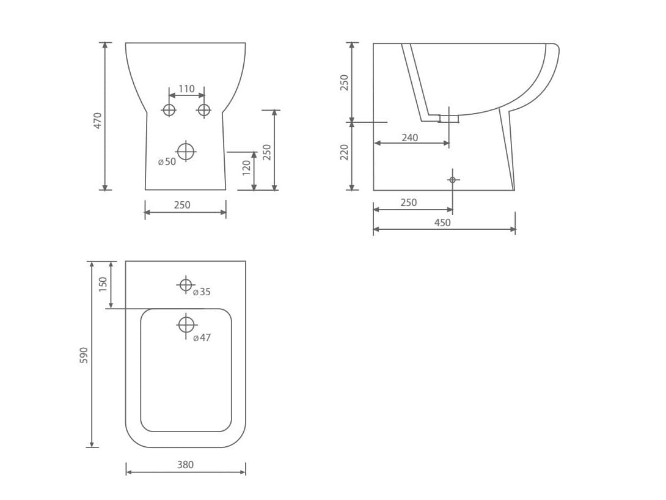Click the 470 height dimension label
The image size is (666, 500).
click(x=98, y=120)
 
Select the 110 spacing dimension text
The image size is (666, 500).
click(x=186, y=89)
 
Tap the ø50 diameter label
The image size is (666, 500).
click(x=167, y=162)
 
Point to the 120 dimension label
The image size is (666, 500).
click(x=246, y=167)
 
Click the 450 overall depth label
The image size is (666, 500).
click(x=442, y=222)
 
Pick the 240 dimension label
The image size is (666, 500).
click(x=410, y=138)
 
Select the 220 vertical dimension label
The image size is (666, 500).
click(x=344, y=152)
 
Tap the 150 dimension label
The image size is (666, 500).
click(x=103, y=284)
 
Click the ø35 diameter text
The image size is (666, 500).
click(x=202, y=292)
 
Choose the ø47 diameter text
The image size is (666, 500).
click(x=202, y=337)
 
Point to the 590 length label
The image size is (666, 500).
click(x=84, y=355)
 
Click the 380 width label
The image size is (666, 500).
click(x=185, y=465)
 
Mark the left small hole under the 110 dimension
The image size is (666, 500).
click(x=169, y=110)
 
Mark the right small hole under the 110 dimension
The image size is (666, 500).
click(x=204, y=110)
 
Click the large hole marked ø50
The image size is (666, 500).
click(x=186, y=150)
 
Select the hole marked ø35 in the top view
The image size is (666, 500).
click(x=186, y=284)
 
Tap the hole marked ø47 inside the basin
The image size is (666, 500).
click(x=186, y=324)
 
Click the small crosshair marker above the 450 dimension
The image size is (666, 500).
click(x=452, y=180)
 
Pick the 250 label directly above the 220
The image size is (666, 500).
click(x=344, y=82)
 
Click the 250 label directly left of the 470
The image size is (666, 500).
click(x=266, y=152)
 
